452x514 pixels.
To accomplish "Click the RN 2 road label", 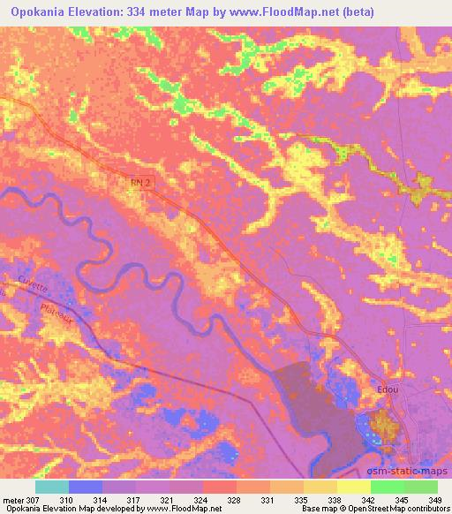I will [x=129, y=181].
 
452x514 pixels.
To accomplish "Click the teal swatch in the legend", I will [x=51, y=487].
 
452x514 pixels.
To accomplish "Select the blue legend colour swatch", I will [x=86, y=487].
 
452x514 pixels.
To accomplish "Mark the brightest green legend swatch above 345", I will [x=387, y=487].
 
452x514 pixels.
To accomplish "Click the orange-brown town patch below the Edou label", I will [x=384, y=425].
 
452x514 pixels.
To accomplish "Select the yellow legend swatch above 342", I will [x=353, y=487].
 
